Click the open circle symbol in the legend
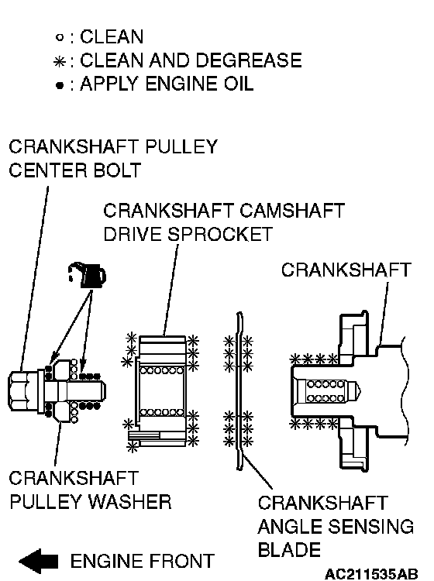pyautogui.click(x=60, y=37)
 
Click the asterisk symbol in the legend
pyautogui.click(x=60, y=61)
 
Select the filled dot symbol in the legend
pyautogui.click(x=60, y=85)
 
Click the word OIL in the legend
pyautogui.click(x=238, y=84)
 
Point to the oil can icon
pyautogui.click(x=88, y=275)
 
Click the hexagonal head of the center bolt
pyautogui.click(x=23, y=391)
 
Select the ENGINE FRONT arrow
pyautogui.click(x=39, y=562)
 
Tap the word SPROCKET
pyautogui.click(x=220, y=234)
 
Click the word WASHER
pyautogui.click(x=129, y=502)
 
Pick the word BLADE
pyautogui.click(x=289, y=550)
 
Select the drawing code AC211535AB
pyautogui.click(x=371, y=574)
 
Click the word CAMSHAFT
pyautogui.click(x=292, y=211)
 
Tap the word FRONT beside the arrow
pyautogui.click(x=180, y=561)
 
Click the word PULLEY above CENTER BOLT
pyautogui.click(x=181, y=146)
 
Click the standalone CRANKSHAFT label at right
pyautogui.click(x=346, y=270)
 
